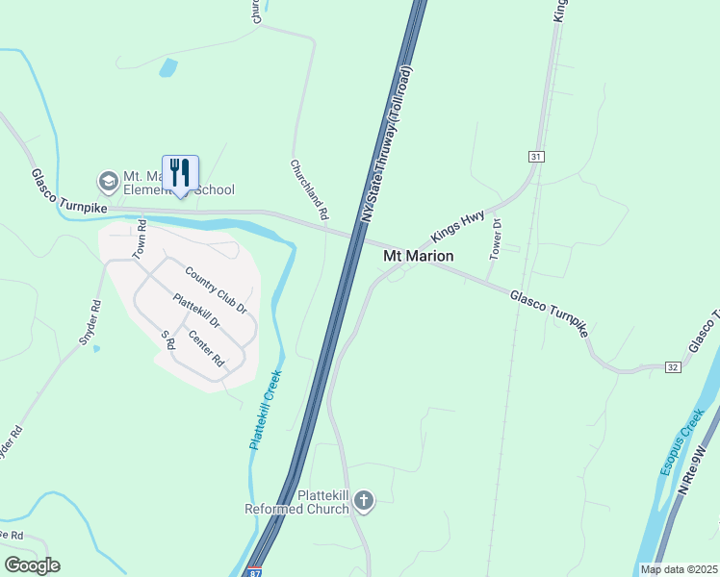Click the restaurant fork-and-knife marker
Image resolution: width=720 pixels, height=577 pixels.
click(x=180, y=173)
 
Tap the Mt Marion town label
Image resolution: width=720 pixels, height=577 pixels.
click(x=419, y=256)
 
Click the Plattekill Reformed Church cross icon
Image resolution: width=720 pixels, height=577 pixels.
click(x=363, y=499)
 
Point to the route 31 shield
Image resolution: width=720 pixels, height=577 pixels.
click(x=536, y=156)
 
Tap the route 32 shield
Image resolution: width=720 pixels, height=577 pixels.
click(x=673, y=366)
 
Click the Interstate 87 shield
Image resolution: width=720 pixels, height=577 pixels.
click(x=253, y=570)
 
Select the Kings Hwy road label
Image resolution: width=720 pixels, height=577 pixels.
click(x=458, y=227)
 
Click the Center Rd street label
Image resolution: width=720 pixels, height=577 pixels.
click(x=206, y=349)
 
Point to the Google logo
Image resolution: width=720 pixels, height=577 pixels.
click(x=32, y=565)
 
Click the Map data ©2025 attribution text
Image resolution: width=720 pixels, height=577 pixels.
click(x=679, y=569)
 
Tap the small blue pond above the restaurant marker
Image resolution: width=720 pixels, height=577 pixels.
click(x=168, y=67)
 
